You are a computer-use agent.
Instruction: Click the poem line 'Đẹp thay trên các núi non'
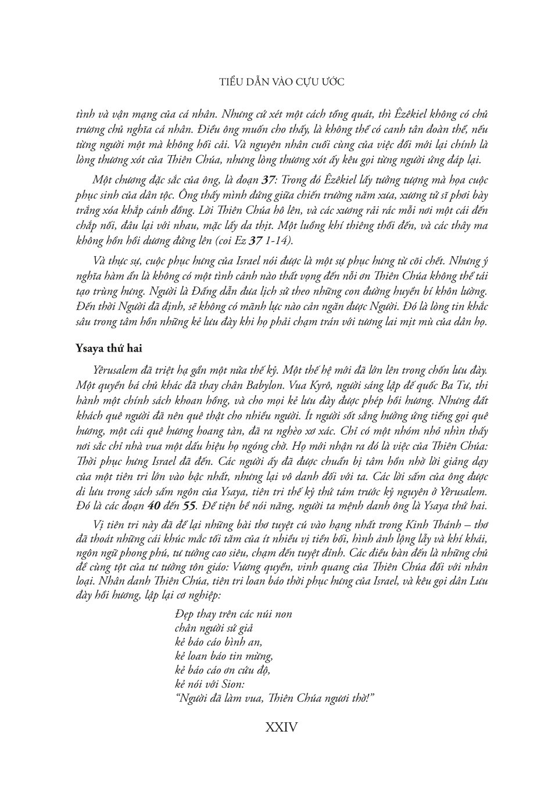tap(232, 614)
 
